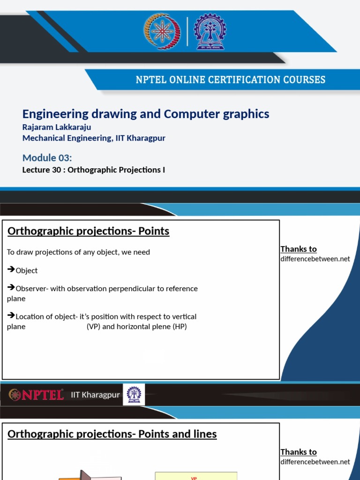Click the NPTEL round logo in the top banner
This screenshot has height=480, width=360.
(x=162, y=31)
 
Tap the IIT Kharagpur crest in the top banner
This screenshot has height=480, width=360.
(x=210, y=31)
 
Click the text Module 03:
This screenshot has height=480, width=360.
(x=47, y=157)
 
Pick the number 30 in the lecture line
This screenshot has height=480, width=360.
(x=57, y=170)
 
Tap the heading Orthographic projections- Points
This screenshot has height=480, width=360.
(x=89, y=231)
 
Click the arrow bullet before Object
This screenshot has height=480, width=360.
(x=11, y=270)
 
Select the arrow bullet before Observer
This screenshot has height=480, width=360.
(x=11, y=287)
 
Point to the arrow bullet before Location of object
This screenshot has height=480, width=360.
(x=11, y=315)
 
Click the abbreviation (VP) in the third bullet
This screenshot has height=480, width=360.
(x=93, y=326)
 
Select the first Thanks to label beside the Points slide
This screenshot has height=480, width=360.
(x=299, y=249)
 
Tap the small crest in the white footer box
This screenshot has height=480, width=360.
(x=134, y=394)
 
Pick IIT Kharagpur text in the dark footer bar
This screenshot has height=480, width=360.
(x=95, y=395)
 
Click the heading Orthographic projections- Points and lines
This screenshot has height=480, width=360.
(x=112, y=434)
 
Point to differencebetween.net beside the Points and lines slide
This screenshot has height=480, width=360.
(x=315, y=462)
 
